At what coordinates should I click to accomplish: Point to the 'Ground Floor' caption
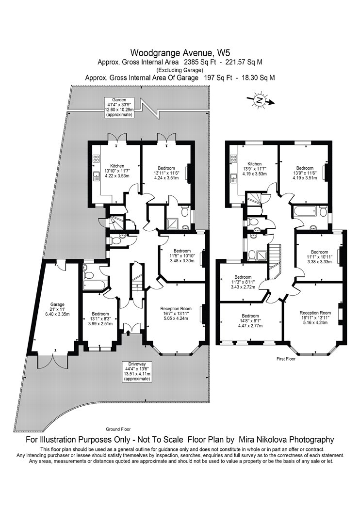118,429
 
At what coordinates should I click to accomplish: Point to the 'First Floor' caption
286,359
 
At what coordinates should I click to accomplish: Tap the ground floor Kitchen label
117,171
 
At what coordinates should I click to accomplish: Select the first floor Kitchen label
254,169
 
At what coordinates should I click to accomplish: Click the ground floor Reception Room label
176,313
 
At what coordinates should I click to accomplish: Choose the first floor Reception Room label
315,318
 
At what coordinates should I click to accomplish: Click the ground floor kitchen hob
96,159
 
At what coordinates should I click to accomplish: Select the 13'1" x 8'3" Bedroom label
100,318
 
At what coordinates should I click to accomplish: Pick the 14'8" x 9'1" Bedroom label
250,320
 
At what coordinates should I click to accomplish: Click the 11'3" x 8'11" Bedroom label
243,282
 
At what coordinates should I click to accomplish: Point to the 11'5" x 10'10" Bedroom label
182,255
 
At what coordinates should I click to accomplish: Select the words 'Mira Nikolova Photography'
286,440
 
